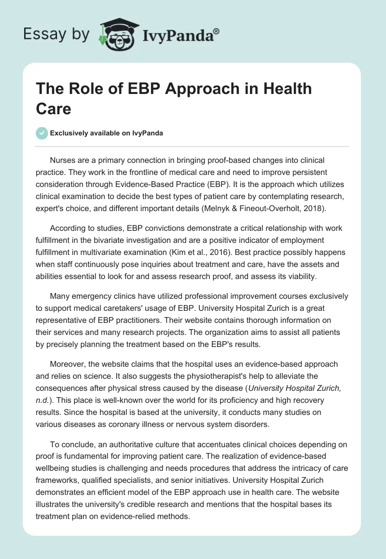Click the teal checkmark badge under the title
(42, 133)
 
